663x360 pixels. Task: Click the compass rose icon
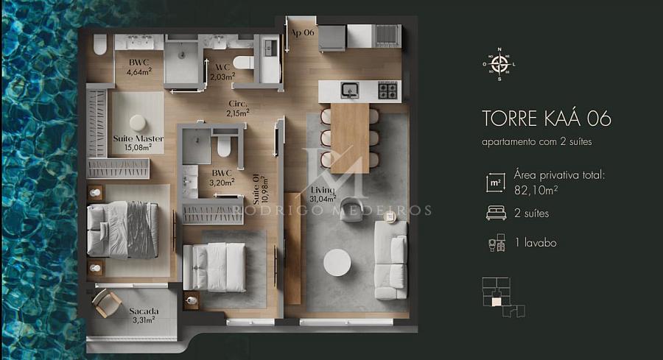click(x=499, y=64)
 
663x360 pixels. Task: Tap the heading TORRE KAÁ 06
click(x=547, y=119)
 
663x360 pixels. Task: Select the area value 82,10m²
click(x=536, y=190)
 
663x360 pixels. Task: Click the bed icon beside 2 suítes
click(x=496, y=213)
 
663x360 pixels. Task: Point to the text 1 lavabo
click(x=536, y=242)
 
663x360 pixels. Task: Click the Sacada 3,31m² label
click(x=144, y=315)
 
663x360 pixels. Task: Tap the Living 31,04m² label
click(x=323, y=194)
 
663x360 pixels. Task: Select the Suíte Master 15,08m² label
click(x=138, y=143)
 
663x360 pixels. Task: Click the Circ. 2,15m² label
click(x=238, y=108)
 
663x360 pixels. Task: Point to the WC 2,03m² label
click(x=222, y=72)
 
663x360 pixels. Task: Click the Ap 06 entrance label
click(x=303, y=32)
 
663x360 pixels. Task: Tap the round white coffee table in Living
click(x=337, y=262)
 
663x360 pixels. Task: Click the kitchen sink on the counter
click(x=350, y=90)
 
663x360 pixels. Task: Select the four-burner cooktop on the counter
click(x=387, y=91)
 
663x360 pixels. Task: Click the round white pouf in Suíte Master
click(x=138, y=122)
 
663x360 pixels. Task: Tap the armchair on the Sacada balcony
click(x=106, y=303)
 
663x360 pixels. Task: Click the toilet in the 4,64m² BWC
click(x=100, y=44)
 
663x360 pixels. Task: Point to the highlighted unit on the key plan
click(x=497, y=301)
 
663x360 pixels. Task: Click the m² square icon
click(x=495, y=183)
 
